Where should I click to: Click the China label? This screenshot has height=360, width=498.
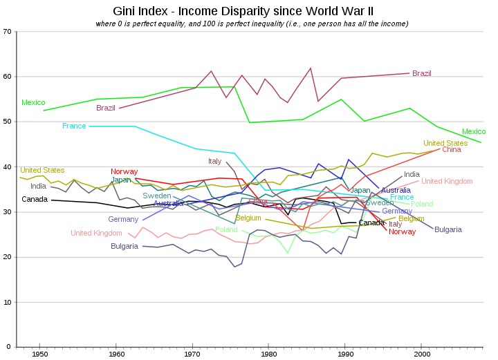click(x=451, y=149)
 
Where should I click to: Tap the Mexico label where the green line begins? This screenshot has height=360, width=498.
click(x=33, y=103)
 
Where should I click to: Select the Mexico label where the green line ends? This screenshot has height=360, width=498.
click(x=474, y=131)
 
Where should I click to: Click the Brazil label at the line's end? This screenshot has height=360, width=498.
click(x=422, y=73)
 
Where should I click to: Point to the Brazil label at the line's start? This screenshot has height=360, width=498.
click(x=106, y=108)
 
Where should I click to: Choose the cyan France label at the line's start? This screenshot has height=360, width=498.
click(x=74, y=126)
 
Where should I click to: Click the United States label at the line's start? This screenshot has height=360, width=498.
click(x=42, y=170)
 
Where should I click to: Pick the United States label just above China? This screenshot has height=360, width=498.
click(x=445, y=143)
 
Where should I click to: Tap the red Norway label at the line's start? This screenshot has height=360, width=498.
click(x=124, y=171)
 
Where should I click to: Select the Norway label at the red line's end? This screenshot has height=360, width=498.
click(x=403, y=232)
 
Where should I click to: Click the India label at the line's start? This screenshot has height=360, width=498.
click(x=38, y=186)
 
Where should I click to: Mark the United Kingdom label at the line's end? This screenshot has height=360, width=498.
click(x=447, y=181)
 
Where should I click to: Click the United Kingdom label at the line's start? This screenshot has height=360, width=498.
click(x=96, y=234)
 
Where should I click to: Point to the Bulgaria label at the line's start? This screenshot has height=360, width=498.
click(x=124, y=246)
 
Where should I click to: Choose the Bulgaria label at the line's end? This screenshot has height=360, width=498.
click(x=448, y=229)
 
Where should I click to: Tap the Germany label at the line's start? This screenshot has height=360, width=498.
click(x=123, y=220)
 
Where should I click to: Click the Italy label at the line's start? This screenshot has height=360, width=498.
click(x=215, y=162)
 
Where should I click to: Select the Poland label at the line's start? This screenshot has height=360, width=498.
click(x=226, y=229)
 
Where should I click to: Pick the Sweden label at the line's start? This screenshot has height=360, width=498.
click(x=157, y=196)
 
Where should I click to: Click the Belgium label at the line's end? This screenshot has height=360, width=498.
click(x=412, y=218)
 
